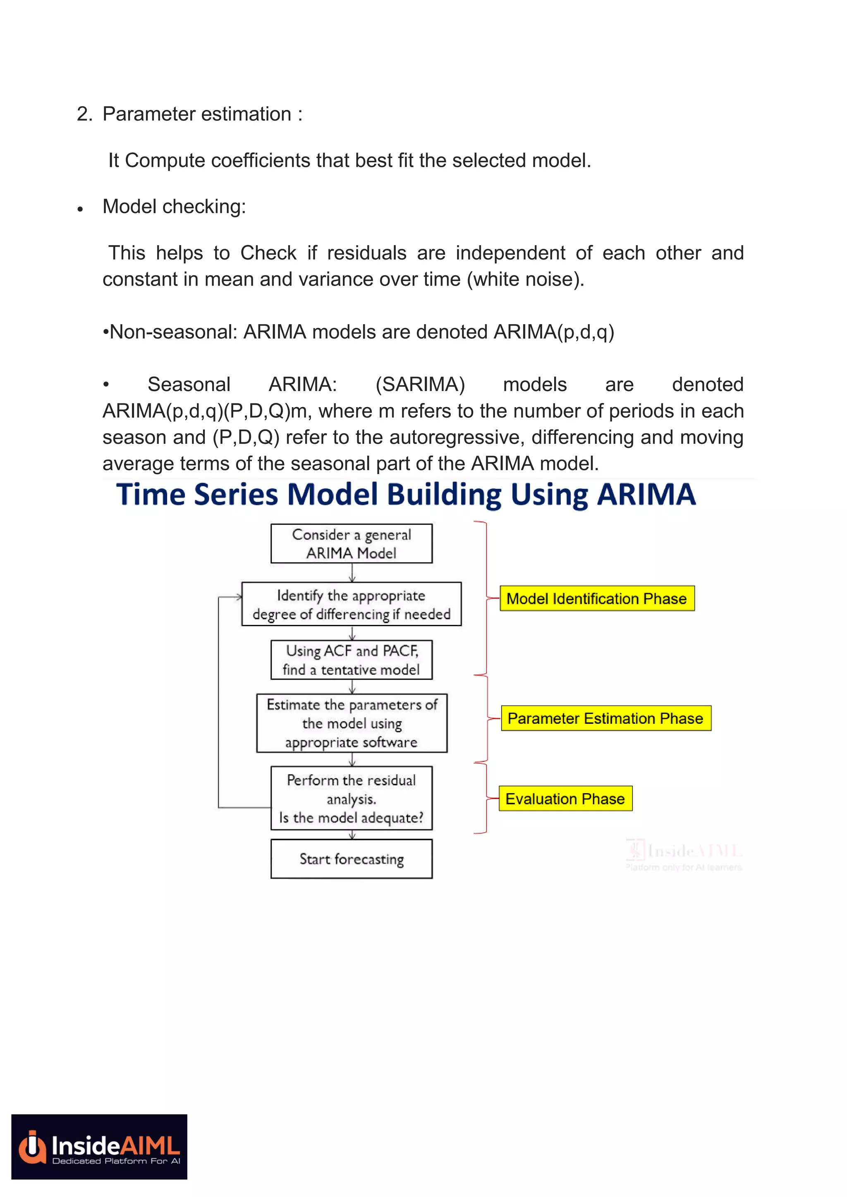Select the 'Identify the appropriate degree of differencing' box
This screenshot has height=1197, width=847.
coord(352,604)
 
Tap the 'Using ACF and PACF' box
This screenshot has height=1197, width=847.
coord(352,660)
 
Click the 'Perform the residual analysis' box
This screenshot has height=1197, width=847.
coord(352,798)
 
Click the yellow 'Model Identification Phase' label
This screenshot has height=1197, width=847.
coord(597,598)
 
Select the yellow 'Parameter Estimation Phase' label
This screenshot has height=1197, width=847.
coord(605,718)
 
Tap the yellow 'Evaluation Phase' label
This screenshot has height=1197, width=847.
coord(565,799)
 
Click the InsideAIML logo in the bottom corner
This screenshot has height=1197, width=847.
coord(99,1147)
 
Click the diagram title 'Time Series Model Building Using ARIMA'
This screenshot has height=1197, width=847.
coord(406,494)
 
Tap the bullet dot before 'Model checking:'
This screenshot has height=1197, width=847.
coord(80,209)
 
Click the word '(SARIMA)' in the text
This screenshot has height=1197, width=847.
coord(420,385)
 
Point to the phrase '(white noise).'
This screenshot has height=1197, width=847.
coord(526,279)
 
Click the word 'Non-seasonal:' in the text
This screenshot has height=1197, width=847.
coord(173,332)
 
